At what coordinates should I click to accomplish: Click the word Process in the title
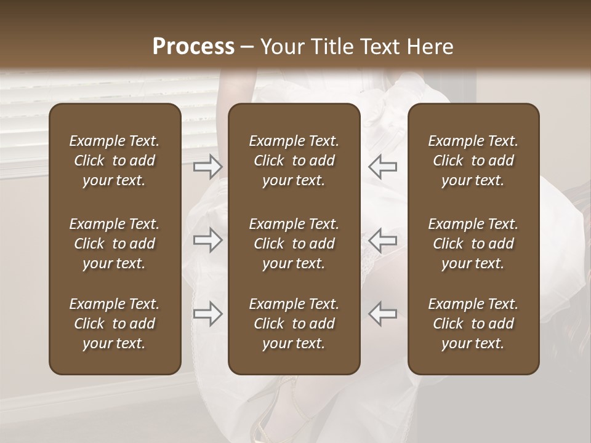(x=193, y=47)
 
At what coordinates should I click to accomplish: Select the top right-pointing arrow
(x=208, y=167)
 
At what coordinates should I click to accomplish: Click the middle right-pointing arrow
(x=208, y=240)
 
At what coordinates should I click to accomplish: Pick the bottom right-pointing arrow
(x=208, y=314)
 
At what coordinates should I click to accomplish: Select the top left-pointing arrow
(x=382, y=167)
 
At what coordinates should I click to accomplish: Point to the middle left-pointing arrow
(x=382, y=240)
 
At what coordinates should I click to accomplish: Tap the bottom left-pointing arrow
(x=382, y=314)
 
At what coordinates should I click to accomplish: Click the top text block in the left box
(x=115, y=161)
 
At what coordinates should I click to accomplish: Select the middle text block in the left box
(x=115, y=244)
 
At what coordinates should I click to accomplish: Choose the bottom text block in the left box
(x=115, y=324)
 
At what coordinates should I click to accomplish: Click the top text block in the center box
(x=294, y=161)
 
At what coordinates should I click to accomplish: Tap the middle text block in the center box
(x=294, y=244)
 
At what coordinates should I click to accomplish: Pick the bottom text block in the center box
(x=294, y=324)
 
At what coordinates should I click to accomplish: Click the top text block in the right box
(x=473, y=161)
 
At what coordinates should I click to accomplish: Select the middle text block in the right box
(x=473, y=244)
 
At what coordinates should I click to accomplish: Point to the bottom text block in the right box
(x=473, y=324)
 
